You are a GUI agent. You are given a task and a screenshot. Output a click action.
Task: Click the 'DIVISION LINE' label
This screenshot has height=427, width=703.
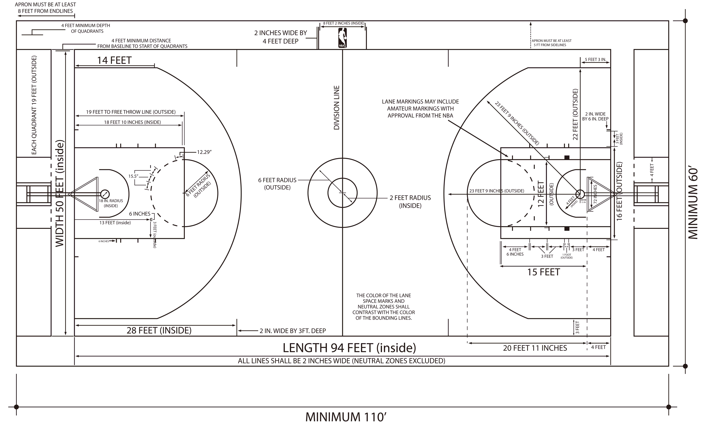pos(337,108)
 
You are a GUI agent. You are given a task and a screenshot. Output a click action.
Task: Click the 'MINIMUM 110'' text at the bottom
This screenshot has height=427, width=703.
pos(346,417)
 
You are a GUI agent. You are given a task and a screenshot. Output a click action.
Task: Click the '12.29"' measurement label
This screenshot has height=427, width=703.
pos(204,152)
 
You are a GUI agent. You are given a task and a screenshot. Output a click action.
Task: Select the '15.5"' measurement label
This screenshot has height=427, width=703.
pos(133,176)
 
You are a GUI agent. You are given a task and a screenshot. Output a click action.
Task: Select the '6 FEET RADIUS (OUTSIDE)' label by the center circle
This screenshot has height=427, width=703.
pos(277,184)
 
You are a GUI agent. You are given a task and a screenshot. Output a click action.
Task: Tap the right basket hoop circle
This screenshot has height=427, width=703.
pos(580,194)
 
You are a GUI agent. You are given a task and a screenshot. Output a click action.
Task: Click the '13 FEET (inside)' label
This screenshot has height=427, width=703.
pos(115,223)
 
